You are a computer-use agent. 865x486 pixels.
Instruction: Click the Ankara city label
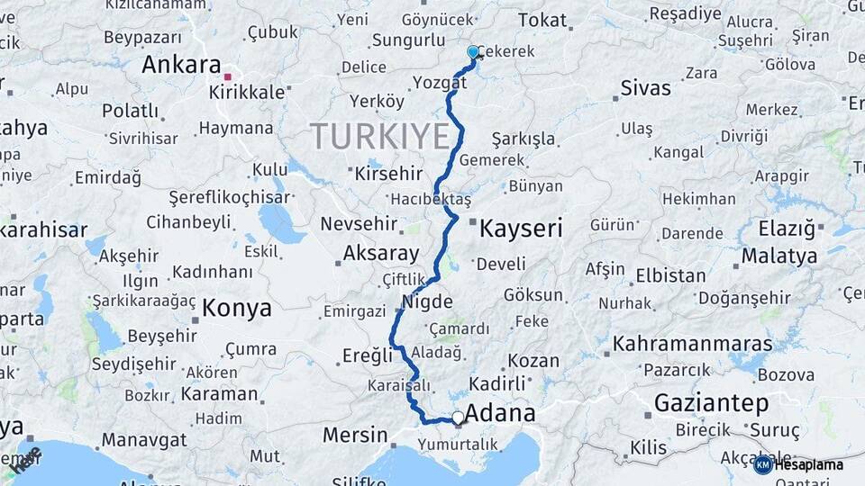(181, 65)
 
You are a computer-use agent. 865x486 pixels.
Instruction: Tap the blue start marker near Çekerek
(473, 52)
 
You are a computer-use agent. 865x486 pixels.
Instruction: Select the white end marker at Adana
(459, 418)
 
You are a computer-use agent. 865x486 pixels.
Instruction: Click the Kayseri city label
(521, 228)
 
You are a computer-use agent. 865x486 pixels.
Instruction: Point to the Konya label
(237, 308)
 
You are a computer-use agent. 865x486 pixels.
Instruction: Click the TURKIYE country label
(380, 136)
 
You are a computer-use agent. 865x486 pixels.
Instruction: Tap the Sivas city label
(646, 87)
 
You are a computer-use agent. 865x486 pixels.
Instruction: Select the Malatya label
(778, 256)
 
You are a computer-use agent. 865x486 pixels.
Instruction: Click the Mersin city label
(354, 436)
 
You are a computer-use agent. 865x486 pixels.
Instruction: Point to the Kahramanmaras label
(692, 343)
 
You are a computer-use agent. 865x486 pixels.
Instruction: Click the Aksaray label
(381, 254)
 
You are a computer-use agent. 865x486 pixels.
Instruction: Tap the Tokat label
(542, 20)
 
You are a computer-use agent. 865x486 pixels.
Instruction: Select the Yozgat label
(440, 82)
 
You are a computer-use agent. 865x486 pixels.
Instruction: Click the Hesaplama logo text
(807, 464)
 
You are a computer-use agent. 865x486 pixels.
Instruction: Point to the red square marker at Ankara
(228, 76)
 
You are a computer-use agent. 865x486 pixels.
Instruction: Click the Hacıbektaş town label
(432, 199)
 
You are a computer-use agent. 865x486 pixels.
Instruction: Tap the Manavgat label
(143, 440)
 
